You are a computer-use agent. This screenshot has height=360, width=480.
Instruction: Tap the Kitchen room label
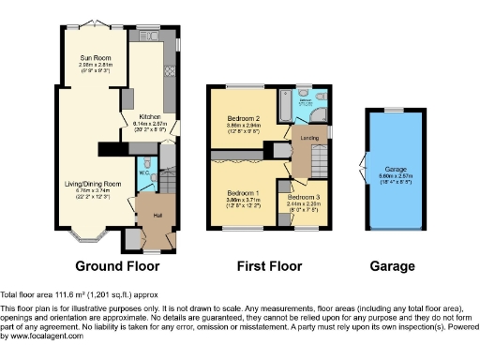coord(139,117)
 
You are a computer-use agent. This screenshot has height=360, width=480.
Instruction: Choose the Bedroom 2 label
coord(243,118)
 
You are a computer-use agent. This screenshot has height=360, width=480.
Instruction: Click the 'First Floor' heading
coord(268,267)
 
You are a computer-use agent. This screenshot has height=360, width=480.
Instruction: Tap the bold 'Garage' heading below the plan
coord(393,267)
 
